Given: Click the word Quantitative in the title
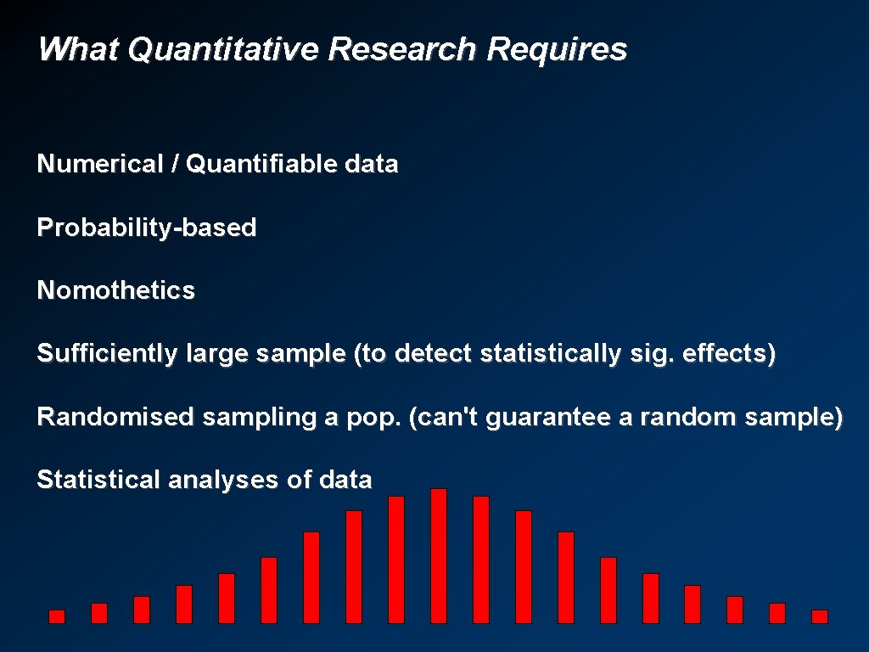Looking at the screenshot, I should click(x=223, y=50).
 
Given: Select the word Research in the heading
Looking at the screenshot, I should click(x=403, y=50).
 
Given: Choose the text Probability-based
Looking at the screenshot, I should click(x=146, y=228).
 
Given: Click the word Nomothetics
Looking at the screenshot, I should click(x=115, y=290).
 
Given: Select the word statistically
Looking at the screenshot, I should click(x=550, y=354).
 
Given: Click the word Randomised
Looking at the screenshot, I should click(x=115, y=417).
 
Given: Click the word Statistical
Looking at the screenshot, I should click(x=98, y=480).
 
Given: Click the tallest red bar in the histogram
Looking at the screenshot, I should click(x=439, y=556).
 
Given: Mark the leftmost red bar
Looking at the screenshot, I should click(x=57, y=616).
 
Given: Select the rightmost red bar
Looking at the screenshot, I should click(x=820, y=616).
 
